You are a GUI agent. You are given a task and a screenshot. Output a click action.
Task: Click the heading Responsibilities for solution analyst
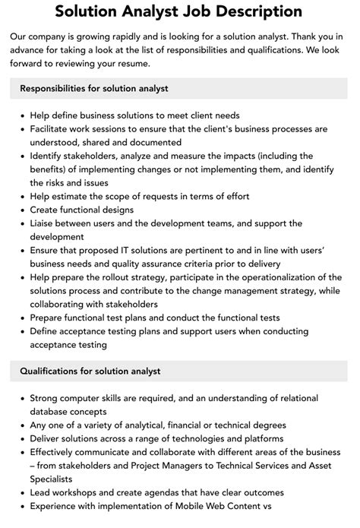[94, 88]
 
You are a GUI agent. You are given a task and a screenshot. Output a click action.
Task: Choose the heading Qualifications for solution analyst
[90, 371]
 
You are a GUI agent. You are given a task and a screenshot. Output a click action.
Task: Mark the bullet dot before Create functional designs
[20, 210]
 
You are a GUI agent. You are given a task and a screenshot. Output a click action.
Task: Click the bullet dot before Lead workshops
[20, 493]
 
